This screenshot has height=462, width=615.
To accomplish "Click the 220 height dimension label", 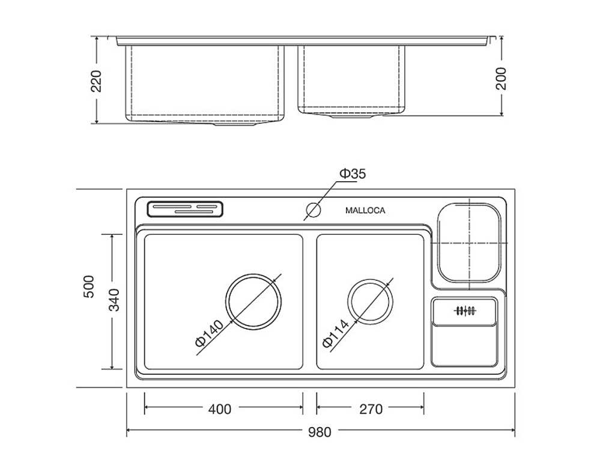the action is click(97, 81).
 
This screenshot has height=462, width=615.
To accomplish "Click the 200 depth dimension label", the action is click(501, 79).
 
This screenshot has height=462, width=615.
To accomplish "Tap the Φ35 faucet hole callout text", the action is click(352, 174).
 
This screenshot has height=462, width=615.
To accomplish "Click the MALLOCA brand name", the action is click(365, 211).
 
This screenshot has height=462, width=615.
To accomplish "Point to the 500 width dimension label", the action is click(89, 287).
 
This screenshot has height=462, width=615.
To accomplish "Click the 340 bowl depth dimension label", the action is click(114, 300).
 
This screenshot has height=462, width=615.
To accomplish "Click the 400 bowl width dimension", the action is click(220, 409).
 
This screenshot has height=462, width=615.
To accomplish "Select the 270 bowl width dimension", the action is click(371, 409).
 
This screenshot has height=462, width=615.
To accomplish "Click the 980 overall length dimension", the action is click(320, 432).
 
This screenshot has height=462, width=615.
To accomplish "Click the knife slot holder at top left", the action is click(185, 209).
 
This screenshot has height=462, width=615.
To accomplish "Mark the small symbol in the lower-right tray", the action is click(465, 311).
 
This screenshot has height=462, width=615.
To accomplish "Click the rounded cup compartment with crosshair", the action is click(437, 242).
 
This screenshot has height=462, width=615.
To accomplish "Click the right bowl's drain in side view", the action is click(351, 115).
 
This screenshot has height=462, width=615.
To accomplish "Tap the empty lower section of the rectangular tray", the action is click(464, 345).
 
